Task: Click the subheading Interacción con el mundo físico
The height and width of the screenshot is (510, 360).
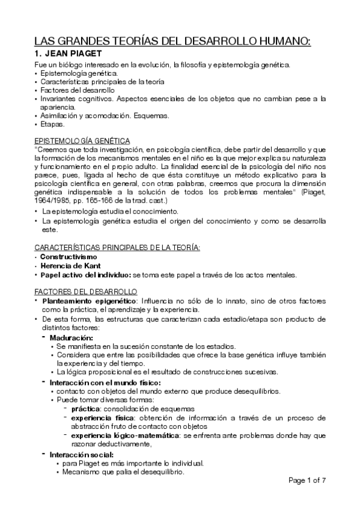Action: pyautogui.click(x=105, y=382)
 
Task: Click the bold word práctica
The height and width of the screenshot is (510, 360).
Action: pyautogui.click(x=86, y=410)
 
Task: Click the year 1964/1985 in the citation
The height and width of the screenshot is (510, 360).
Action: pyautogui.click(x=49, y=199)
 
